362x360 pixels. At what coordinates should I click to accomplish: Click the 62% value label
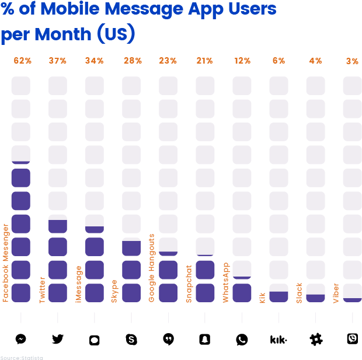(x=22, y=61)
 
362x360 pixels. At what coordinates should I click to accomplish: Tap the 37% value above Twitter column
(x=57, y=61)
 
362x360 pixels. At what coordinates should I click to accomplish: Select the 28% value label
(x=131, y=61)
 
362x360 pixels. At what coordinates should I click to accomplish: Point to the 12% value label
(x=242, y=61)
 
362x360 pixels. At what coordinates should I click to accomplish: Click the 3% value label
(x=352, y=61)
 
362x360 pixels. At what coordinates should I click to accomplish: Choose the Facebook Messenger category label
(x=6, y=263)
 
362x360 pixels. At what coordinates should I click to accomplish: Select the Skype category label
(x=115, y=291)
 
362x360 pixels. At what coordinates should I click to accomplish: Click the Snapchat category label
(x=189, y=284)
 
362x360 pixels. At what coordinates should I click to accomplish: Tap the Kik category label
(x=262, y=298)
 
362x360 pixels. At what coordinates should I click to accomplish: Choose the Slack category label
(x=299, y=293)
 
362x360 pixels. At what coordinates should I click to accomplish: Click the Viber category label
(x=336, y=293)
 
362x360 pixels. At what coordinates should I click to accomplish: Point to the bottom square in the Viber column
(x=352, y=293)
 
